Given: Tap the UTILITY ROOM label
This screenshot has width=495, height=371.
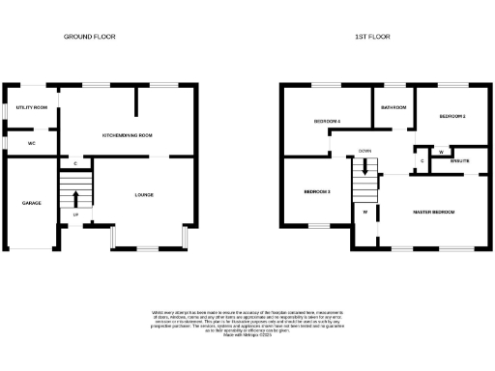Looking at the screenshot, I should click(x=31, y=107).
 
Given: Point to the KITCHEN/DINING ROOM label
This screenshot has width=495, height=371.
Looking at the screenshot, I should click(x=127, y=135).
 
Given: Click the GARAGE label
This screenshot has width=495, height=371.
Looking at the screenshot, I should click(x=31, y=203).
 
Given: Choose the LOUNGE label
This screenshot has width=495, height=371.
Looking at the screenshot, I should click(x=143, y=195).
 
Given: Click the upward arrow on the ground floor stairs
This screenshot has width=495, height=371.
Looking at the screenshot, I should click(x=75, y=200).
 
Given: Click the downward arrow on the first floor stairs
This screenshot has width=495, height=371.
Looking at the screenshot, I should click(x=365, y=167).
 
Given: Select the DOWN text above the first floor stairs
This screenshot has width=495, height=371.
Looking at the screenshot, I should click(x=365, y=152).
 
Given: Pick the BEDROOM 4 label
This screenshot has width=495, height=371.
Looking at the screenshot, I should click(x=327, y=121).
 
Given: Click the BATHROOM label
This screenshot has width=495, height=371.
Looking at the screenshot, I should click(x=393, y=107).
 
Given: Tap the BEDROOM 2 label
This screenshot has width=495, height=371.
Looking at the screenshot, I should click(x=452, y=116).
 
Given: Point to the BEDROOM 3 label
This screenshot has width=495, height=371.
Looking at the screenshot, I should click(x=317, y=191).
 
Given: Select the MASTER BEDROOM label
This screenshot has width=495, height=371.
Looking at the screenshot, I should click(x=434, y=211).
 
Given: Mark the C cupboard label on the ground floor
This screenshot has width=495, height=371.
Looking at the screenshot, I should click(x=75, y=163).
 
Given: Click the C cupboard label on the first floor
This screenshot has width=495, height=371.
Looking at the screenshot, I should click(x=422, y=159).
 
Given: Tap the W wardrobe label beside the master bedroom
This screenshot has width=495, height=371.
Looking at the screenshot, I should click(x=365, y=211).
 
